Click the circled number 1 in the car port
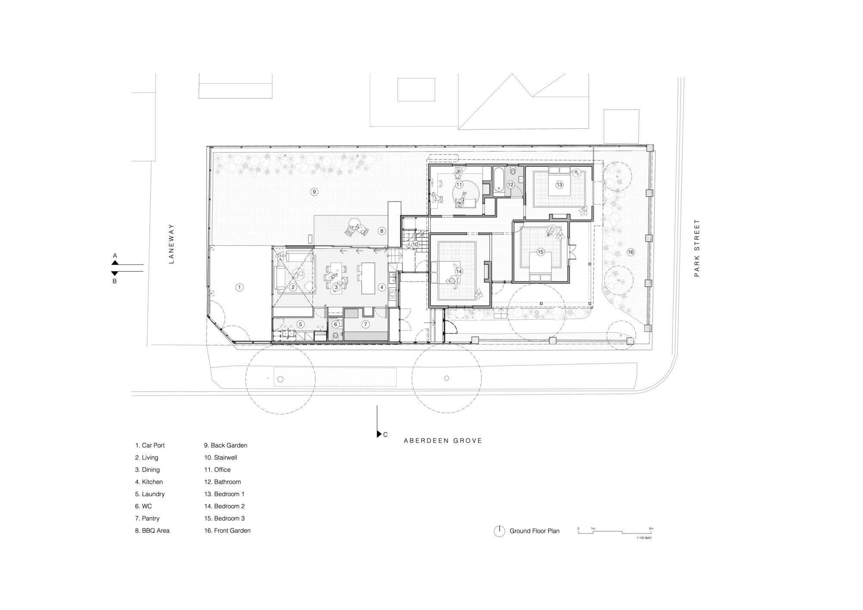[x=239, y=287]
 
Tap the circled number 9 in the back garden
[x=315, y=192]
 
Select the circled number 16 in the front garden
[x=631, y=252]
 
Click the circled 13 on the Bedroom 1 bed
[x=559, y=185]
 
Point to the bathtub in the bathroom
[x=498, y=180]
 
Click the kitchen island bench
[x=369, y=278]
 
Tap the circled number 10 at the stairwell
[x=415, y=244]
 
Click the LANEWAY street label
[x=171, y=243]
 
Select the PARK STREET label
[x=696, y=248]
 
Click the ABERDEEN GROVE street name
[x=443, y=440]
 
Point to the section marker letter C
[x=385, y=434]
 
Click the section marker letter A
[x=115, y=255]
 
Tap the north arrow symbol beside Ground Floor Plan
[x=499, y=531]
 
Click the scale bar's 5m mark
[x=651, y=528]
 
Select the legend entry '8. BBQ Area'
[x=152, y=531]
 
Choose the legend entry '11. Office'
[x=217, y=470]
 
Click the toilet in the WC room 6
[x=336, y=335]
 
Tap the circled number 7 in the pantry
[x=365, y=324]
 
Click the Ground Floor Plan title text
[x=534, y=531]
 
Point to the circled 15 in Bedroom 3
[x=541, y=252]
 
